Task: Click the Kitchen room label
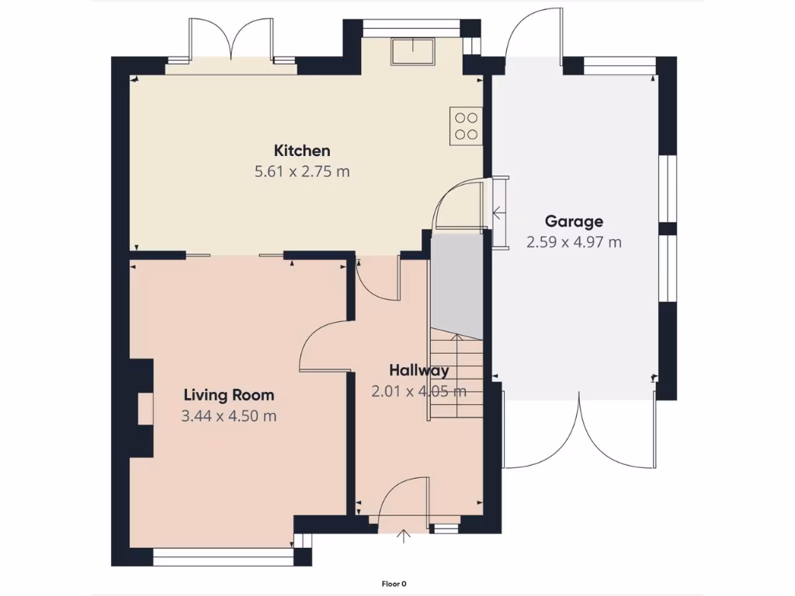click(x=302, y=151)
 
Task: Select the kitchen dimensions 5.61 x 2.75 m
click(x=302, y=172)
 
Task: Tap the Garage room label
click(x=574, y=221)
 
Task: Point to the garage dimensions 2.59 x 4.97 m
click(x=574, y=242)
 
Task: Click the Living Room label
click(x=228, y=395)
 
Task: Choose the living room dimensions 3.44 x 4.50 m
click(x=228, y=416)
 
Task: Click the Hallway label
click(x=419, y=370)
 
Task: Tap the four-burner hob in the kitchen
click(x=466, y=126)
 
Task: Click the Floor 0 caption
click(x=394, y=584)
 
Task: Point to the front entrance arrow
click(x=403, y=536)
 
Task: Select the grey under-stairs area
click(x=457, y=283)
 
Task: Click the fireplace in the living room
click(x=144, y=408)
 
